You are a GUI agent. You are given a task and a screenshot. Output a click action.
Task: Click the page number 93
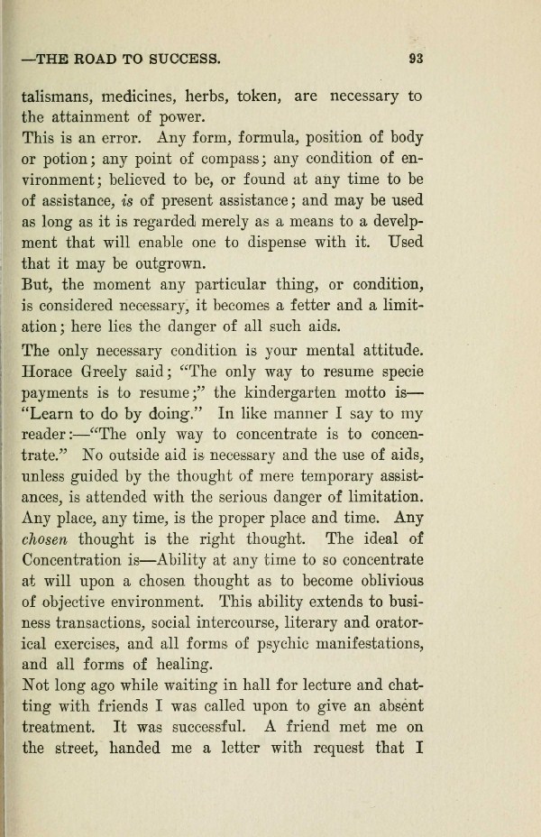point(416,60)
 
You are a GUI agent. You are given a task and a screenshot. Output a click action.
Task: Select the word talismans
point(60,96)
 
